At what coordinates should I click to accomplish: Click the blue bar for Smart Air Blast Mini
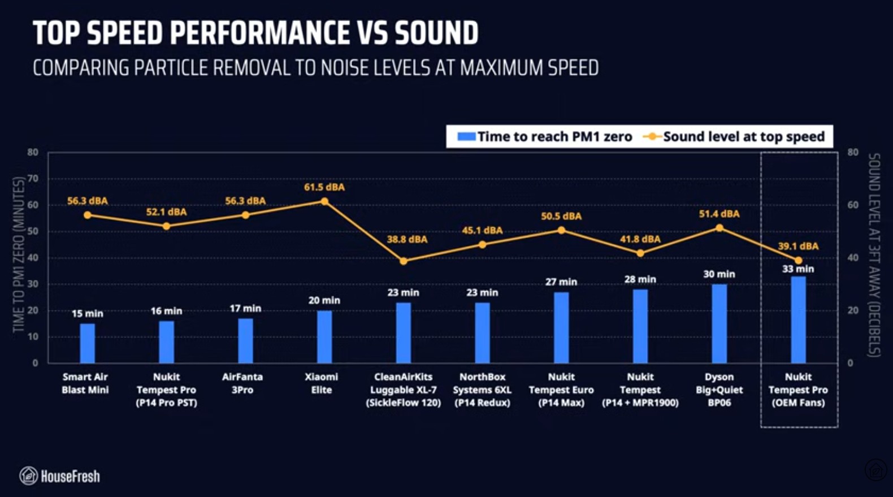coord(88,343)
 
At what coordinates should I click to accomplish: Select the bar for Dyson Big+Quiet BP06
coord(719,323)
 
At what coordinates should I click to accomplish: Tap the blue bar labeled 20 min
coord(324,337)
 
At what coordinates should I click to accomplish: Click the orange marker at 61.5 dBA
coord(324,201)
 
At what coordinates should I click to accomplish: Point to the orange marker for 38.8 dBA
coord(403,261)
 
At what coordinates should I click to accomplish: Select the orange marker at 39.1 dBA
coord(798,261)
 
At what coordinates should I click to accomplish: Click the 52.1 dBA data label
coord(166,212)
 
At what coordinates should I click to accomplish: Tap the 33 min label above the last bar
coord(798,269)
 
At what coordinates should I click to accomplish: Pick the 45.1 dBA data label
coord(482,230)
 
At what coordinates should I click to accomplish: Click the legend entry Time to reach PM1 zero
coord(545,137)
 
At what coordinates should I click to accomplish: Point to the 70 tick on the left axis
coord(33,179)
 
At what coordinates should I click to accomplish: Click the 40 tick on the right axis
coord(853,258)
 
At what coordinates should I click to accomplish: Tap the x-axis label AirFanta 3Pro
coord(242,383)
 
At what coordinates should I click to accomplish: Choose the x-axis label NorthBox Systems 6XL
coord(482,390)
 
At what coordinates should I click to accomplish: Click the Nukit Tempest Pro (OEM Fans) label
coord(798,390)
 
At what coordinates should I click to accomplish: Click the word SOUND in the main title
coord(436,33)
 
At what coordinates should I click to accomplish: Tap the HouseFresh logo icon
coord(28,476)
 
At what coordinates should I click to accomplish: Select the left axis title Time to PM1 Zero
coord(19,254)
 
